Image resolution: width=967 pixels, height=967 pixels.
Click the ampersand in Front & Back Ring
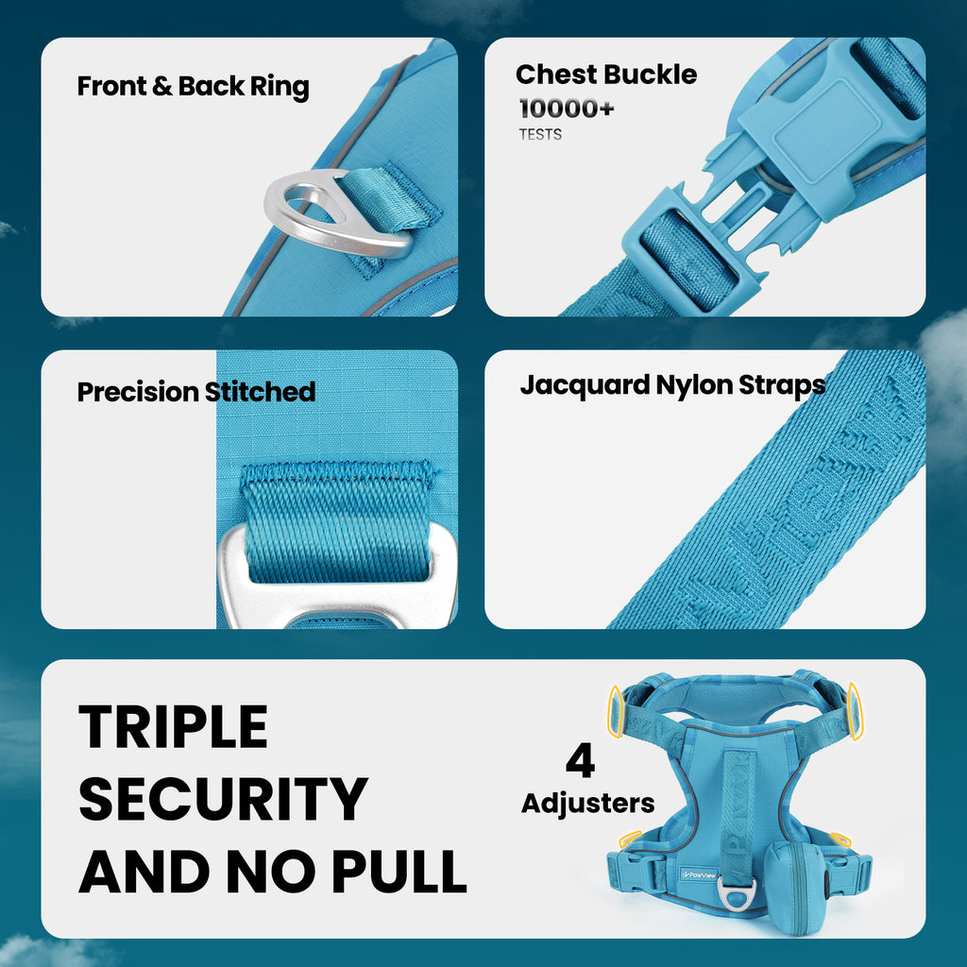(161, 86)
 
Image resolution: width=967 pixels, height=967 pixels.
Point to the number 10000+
(567, 109)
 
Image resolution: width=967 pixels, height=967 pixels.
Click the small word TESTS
(540, 134)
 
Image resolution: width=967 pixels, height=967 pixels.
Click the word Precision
(138, 392)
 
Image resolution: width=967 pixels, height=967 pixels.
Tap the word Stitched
(260, 392)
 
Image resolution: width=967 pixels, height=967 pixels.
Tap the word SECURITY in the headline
(223, 799)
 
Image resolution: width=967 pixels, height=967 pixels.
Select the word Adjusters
(587, 804)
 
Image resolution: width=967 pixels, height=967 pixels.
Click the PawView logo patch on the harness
(699, 874)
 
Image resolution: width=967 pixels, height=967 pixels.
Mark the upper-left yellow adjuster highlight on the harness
(616, 711)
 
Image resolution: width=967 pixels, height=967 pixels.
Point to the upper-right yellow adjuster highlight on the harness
(855, 711)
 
